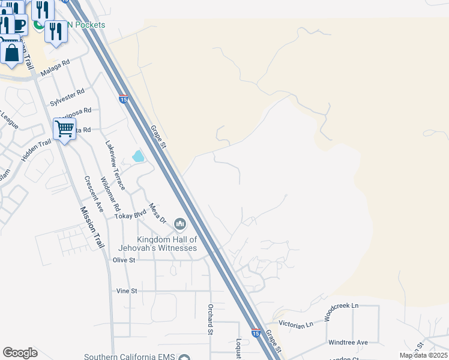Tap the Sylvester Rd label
click(x=67, y=97)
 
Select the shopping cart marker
click(x=64, y=128)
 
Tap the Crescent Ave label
click(x=93, y=192)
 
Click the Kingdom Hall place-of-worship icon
click(x=180, y=225)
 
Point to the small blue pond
click(x=138, y=157)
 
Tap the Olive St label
click(x=124, y=260)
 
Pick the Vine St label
click(x=127, y=291)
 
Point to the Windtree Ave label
click(x=348, y=343)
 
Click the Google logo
click(x=20, y=353)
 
